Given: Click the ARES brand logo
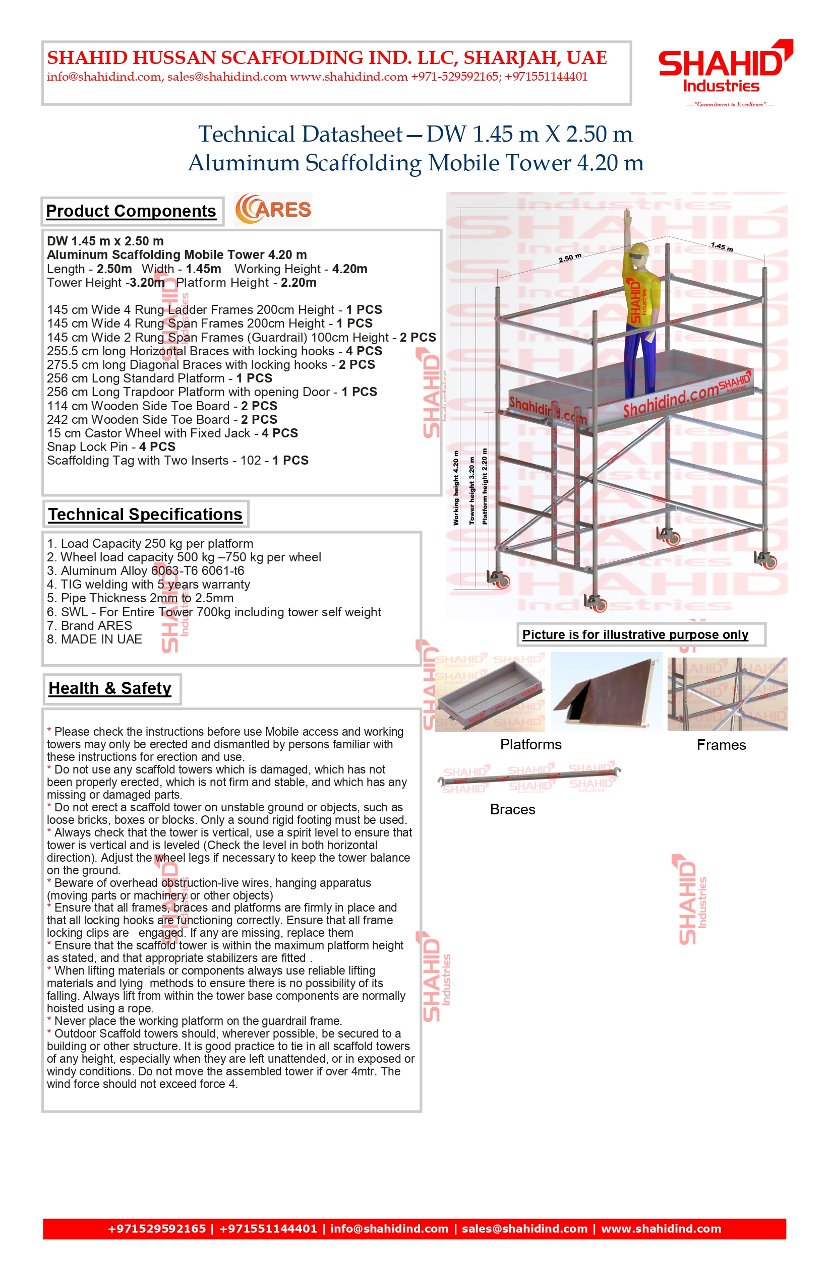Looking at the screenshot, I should pos(273,210).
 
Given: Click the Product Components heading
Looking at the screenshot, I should pos(131,211).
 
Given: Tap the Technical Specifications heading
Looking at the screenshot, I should pos(145,514).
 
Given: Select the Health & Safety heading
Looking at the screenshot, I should pos(110,688).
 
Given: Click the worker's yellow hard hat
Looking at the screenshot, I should pos(640,249).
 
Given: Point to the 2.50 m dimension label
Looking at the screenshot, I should pos(570,258).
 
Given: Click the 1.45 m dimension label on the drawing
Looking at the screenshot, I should pos(722,247).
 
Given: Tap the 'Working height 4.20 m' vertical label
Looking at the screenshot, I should pos(456,488).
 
